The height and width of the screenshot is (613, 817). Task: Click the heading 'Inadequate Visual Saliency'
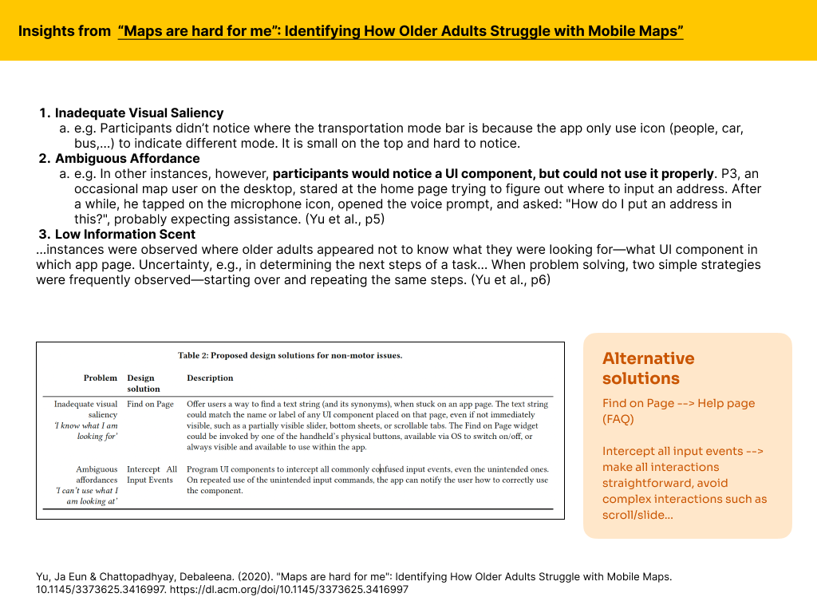point(139,113)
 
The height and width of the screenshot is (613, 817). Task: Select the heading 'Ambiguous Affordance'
point(127,159)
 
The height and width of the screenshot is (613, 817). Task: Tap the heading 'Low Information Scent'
point(125,235)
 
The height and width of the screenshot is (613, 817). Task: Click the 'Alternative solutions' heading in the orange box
point(648,368)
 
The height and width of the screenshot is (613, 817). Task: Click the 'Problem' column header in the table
point(101,378)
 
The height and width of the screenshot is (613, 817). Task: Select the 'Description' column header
point(210,378)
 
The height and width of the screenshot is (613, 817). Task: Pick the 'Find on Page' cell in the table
point(150,404)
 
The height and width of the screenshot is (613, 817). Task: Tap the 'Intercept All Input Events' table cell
point(152,475)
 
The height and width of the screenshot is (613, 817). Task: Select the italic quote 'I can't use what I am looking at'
point(86,496)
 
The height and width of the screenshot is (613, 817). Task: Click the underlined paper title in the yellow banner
point(401,32)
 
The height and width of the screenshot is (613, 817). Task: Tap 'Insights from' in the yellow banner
point(64,32)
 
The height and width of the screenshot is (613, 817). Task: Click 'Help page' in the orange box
point(725,403)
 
